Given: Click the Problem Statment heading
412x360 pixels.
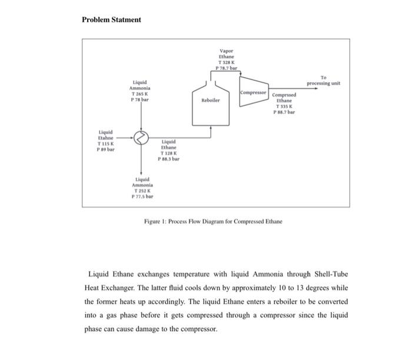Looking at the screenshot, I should [111, 19].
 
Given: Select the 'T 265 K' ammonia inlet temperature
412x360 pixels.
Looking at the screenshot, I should [140, 94].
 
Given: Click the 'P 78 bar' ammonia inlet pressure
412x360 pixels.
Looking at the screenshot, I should [140, 100].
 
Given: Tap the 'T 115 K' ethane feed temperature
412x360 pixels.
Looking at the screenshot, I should [106, 144].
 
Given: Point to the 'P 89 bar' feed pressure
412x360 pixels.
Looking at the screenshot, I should [106, 149].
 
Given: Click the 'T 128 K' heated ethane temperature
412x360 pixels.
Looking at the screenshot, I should [168, 153].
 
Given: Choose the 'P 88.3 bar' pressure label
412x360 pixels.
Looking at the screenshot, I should [168, 159].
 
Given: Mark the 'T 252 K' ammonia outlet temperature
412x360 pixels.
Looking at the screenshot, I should [142, 191].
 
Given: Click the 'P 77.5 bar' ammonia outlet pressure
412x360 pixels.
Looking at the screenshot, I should [142, 197].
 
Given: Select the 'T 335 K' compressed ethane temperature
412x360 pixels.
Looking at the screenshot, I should [286, 106].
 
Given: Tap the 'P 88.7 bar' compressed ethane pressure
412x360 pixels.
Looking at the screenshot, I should [286, 112].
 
